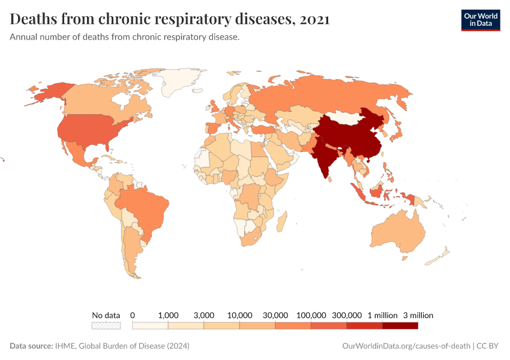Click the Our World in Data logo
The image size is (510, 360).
tap(480, 19)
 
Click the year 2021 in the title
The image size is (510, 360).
tap(314, 19)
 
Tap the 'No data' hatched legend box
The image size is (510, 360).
tap(106, 326)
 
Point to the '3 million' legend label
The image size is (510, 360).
tap(418, 315)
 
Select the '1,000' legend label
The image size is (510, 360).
tap(168, 315)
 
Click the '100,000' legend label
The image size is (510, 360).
tap(311, 315)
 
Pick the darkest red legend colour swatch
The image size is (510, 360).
tap(400, 326)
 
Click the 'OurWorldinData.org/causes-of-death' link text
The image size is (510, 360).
tap(406, 346)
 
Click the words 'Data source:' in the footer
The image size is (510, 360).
tap(31, 346)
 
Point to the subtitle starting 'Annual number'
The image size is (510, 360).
tap(125, 37)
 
